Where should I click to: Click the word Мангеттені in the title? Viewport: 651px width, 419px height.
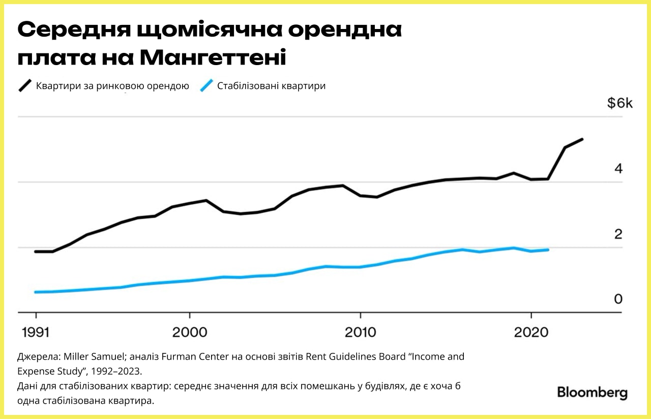click(213, 58)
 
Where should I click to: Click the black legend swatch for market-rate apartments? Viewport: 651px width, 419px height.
click(25, 85)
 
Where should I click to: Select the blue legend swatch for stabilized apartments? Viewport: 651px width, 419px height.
click(206, 85)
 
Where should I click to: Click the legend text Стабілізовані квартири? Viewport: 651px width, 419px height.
click(271, 86)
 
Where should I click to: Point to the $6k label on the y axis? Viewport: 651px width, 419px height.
click(619, 103)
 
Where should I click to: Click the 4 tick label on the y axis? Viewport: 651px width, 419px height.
click(618, 168)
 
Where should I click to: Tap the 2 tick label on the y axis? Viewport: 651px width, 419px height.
click(618, 234)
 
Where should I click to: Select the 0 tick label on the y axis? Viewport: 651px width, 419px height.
click(618, 299)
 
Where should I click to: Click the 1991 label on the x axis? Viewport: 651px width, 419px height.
click(36, 332)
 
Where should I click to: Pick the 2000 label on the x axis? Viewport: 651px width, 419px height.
click(189, 332)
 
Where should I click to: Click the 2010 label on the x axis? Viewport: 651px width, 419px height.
click(360, 332)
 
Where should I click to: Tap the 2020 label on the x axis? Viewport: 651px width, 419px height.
click(531, 332)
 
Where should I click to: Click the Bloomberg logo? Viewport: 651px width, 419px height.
click(592, 393)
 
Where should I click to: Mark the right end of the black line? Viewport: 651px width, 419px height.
click(582, 139)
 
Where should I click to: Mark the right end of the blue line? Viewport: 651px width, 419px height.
click(548, 250)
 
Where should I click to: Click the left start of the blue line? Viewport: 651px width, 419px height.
click(36, 292)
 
